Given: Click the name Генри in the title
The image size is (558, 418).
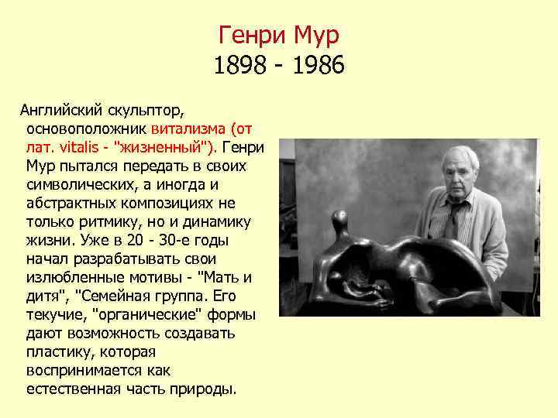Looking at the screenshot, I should click(251, 35).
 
